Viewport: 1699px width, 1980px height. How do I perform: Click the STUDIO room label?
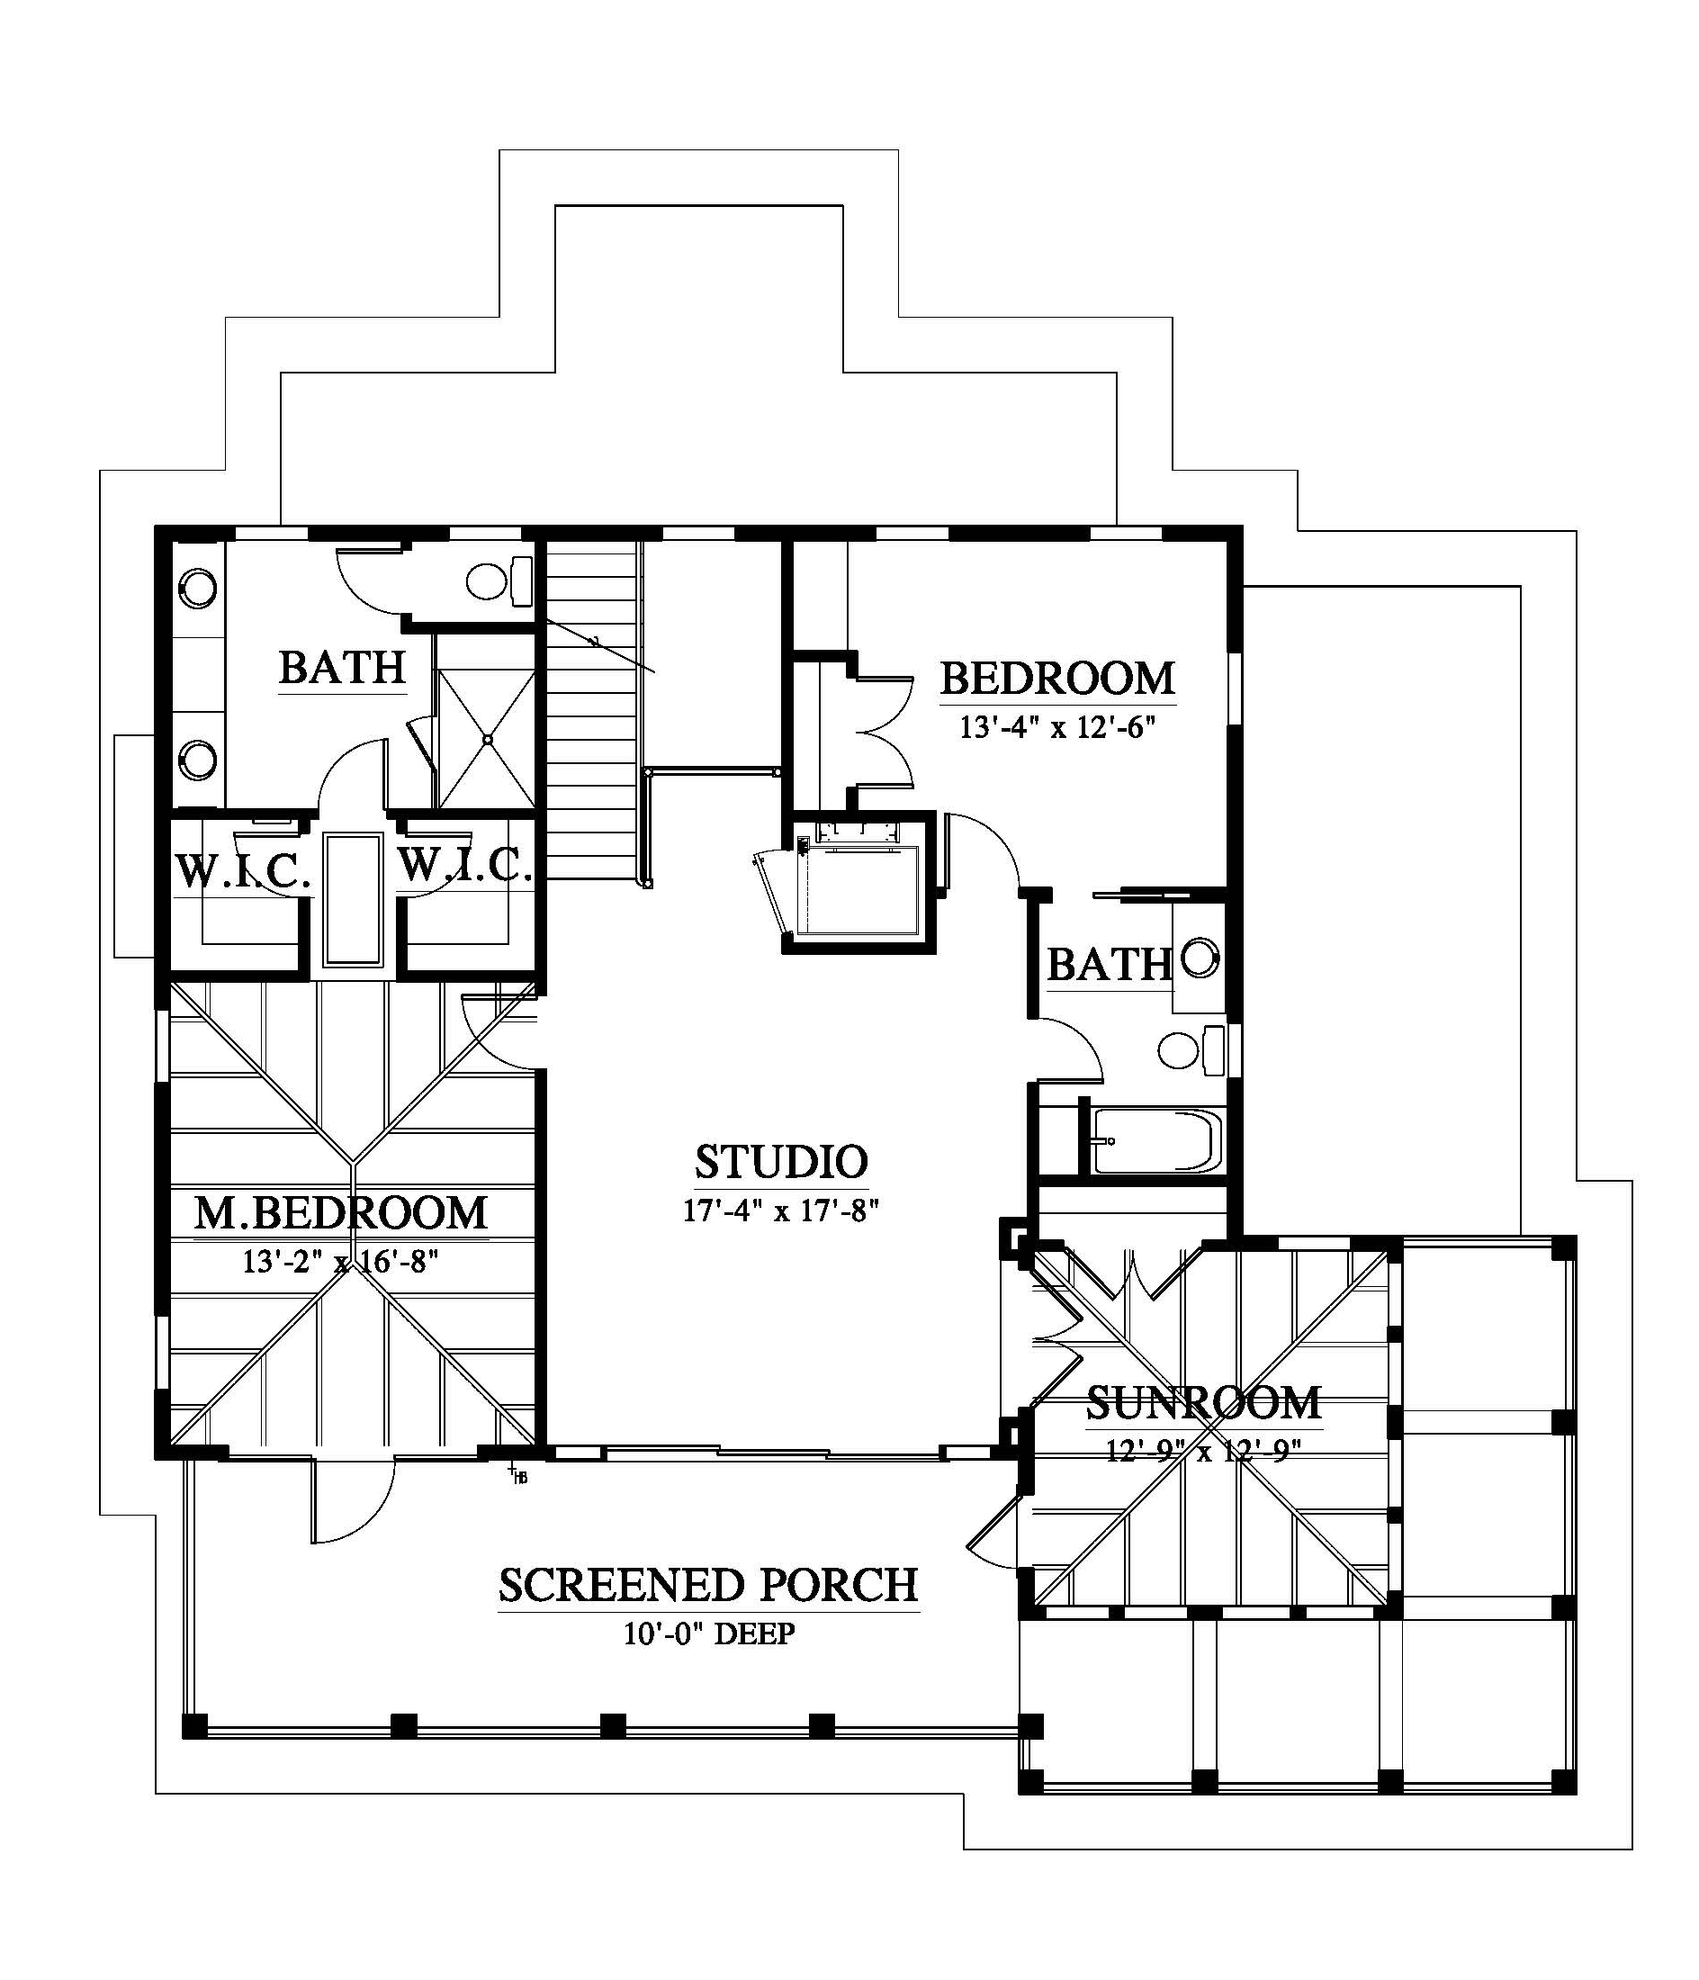[781, 1162]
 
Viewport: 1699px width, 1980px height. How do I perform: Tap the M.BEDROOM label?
[341, 1212]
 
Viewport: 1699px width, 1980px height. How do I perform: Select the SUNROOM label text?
[1204, 1403]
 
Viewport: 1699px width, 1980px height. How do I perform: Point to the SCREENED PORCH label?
[708, 1584]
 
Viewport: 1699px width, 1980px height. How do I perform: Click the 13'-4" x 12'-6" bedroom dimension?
[1057, 728]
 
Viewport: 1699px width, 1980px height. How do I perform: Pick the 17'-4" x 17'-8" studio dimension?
[781, 1210]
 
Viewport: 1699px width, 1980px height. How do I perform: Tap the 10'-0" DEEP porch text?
[709, 1633]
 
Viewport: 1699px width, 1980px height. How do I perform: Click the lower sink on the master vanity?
[198, 760]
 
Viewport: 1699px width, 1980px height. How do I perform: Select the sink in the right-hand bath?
[1200, 958]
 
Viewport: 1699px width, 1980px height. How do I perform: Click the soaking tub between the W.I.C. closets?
[353, 898]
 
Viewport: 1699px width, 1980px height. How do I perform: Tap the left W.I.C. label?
[244, 870]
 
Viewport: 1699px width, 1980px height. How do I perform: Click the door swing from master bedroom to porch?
[353, 1501]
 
